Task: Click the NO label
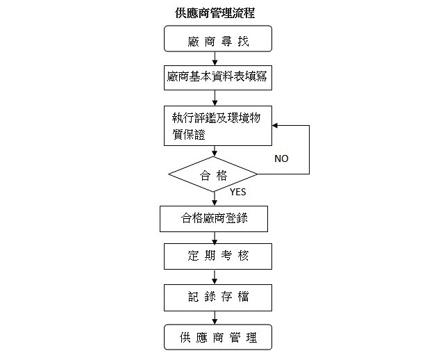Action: pos(281,159)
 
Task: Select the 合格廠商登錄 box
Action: pos(213,220)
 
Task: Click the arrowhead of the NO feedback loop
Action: pos(275,126)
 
